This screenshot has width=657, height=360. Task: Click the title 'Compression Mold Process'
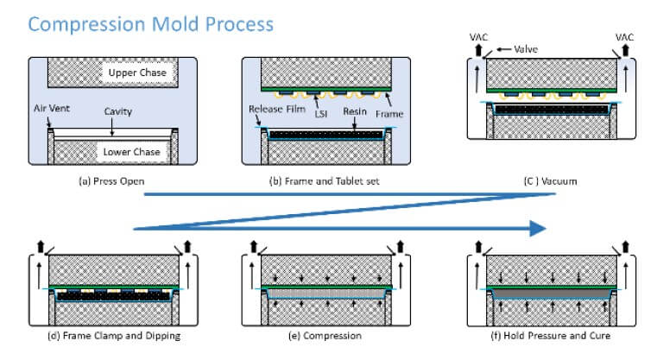151,22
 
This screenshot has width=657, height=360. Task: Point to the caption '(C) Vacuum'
551,183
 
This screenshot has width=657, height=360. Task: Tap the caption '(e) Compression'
326,334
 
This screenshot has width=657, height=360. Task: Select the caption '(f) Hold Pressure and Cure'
542,334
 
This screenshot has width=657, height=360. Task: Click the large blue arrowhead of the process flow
537,228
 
